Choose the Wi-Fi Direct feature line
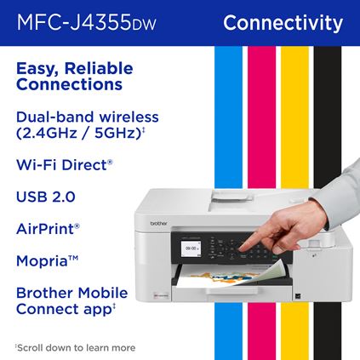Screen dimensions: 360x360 pyautogui.click(x=65, y=164)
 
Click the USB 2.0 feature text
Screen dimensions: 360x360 pyautogui.click(x=46, y=197)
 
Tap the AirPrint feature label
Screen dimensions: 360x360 pyautogui.click(x=48, y=228)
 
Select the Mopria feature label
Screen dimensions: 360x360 pyautogui.click(x=46, y=260)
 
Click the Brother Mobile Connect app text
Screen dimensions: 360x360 pyautogui.click(x=71, y=300)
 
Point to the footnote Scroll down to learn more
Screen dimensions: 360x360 pyautogui.click(x=74, y=347)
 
